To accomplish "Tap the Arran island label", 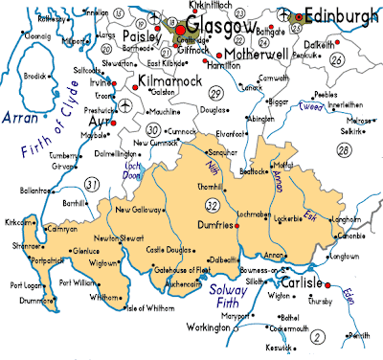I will (x=19, y=119).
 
